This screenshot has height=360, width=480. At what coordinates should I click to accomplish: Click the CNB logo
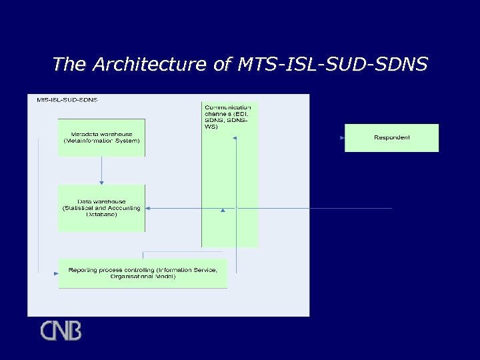coord(61,331)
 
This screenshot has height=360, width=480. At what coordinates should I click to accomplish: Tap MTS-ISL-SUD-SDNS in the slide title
coord(330,64)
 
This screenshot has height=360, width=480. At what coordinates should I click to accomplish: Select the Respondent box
coord(391,138)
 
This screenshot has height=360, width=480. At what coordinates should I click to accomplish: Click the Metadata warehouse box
coord(101,138)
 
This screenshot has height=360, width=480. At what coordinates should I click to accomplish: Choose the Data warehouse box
coord(101,208)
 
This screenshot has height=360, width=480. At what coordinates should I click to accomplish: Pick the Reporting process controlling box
coord(143,273)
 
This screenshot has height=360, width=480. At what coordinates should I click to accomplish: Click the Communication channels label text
coord(227,117)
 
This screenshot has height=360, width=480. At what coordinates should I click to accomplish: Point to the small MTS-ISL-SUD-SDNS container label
coord(67,100)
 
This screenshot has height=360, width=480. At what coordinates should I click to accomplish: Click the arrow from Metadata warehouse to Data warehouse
coord(101,171)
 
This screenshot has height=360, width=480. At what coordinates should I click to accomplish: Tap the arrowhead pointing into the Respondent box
coord(342,138)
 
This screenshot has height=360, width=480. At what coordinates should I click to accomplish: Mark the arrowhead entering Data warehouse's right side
coord(148,209)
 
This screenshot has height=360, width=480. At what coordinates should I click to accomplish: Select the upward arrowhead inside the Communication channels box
coord(235,139)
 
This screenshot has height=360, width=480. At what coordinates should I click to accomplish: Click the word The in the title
coord(70,64)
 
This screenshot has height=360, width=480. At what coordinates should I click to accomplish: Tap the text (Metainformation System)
coord(101,141)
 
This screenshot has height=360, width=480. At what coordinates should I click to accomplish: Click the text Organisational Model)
coord(143,277)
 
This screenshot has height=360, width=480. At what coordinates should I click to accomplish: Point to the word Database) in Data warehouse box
coord(101,215)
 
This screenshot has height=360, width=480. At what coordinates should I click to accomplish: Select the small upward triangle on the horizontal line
coord(223,209)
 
